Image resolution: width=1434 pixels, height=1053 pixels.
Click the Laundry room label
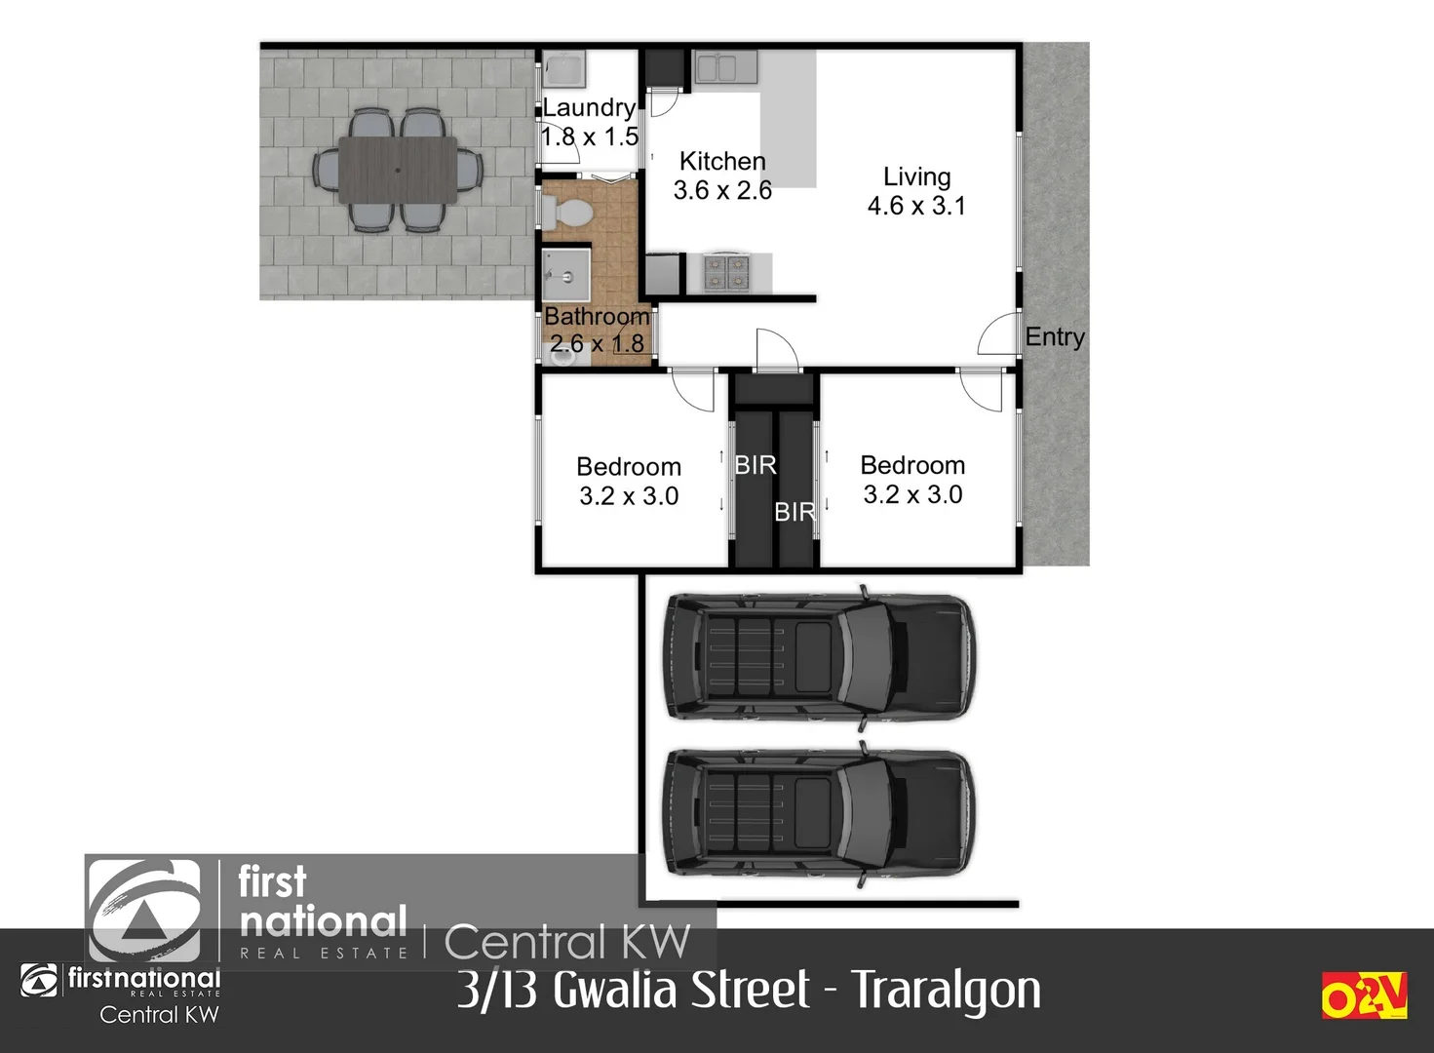pos(589,107)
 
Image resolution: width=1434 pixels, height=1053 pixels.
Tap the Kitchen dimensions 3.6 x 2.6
pos(722,190)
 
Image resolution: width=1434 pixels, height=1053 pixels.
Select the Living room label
pos(916,176)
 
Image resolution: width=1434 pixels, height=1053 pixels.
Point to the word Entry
pos(1055,337)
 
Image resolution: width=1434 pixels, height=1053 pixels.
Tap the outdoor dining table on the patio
pos(398,170)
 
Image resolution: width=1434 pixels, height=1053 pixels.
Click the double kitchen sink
pos(717,67)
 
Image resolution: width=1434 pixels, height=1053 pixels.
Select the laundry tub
pos(563,69)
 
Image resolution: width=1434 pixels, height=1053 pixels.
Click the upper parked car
pos(818,658)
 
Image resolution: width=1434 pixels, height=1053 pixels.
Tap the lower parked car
pos(818,815)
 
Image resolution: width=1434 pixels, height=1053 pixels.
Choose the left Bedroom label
pos(629,466)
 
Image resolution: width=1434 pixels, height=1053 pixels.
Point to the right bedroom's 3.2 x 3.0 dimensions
pos(912,495)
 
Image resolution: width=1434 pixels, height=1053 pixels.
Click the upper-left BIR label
pos(756,465)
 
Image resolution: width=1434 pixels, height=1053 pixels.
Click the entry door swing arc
pos(996,334)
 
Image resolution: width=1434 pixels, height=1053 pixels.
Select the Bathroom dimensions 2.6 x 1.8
pos(597,343)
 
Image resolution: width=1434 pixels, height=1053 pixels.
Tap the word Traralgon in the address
pos(947,991)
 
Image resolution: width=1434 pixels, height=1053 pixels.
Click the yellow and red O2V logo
pos(1364,995)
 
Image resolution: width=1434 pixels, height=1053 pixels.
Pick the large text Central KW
pos(567,942)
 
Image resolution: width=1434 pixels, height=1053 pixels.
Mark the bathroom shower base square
pos(566,276)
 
